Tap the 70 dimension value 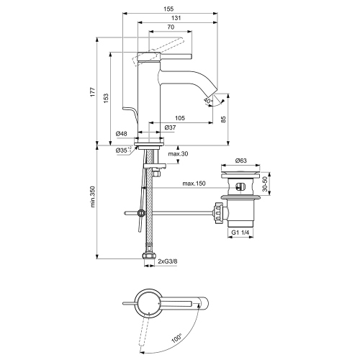coord(170,27)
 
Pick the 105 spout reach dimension coord(180,117)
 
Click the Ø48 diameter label coord(122,134)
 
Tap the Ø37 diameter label coord(171,128)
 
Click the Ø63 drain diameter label coord(241,163)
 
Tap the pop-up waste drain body coord(241,209)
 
